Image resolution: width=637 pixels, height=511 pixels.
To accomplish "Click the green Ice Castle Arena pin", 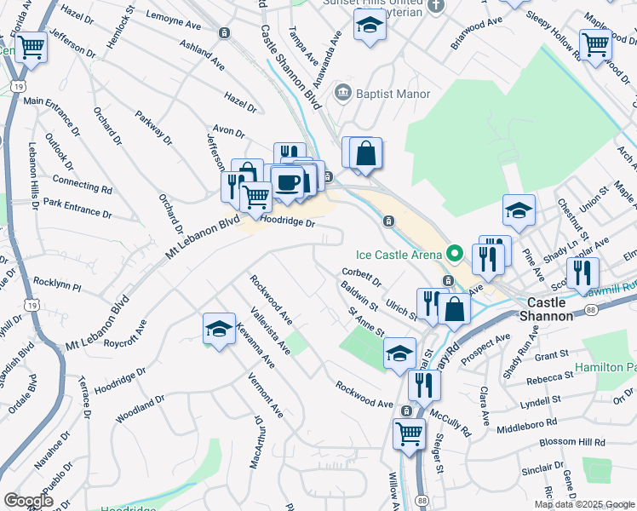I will [455, 253].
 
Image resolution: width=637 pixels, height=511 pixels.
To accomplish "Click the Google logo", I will [29, 501].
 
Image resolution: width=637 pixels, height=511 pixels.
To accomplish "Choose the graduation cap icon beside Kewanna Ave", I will [219, 329].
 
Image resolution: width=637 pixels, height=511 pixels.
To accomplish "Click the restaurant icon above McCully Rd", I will [424, 384].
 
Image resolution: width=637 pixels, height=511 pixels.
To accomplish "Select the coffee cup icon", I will [287, 182].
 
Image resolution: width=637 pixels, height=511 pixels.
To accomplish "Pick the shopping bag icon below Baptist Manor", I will [365, 153].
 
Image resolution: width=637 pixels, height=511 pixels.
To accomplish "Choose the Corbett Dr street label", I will [361, 277].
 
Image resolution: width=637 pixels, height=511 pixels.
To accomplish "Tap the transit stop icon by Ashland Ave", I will [223, 33].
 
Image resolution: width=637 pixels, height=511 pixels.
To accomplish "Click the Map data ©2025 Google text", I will [584, 504].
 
